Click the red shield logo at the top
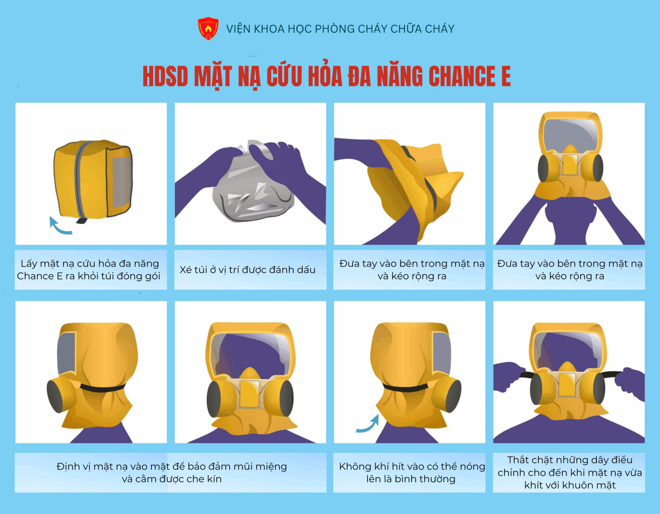(x=208, y=28)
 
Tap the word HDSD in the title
(x=165, y=76)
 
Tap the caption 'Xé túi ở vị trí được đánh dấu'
(x=247, y=270)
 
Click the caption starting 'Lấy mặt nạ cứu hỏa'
(x=89, y=270)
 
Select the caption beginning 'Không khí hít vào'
(x=412, y=472)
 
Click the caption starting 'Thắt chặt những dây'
(x=570, y=472)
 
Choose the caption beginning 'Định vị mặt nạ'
(x=172, y=472)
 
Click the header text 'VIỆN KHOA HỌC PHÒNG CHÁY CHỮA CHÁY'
(x=340, y=29)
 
